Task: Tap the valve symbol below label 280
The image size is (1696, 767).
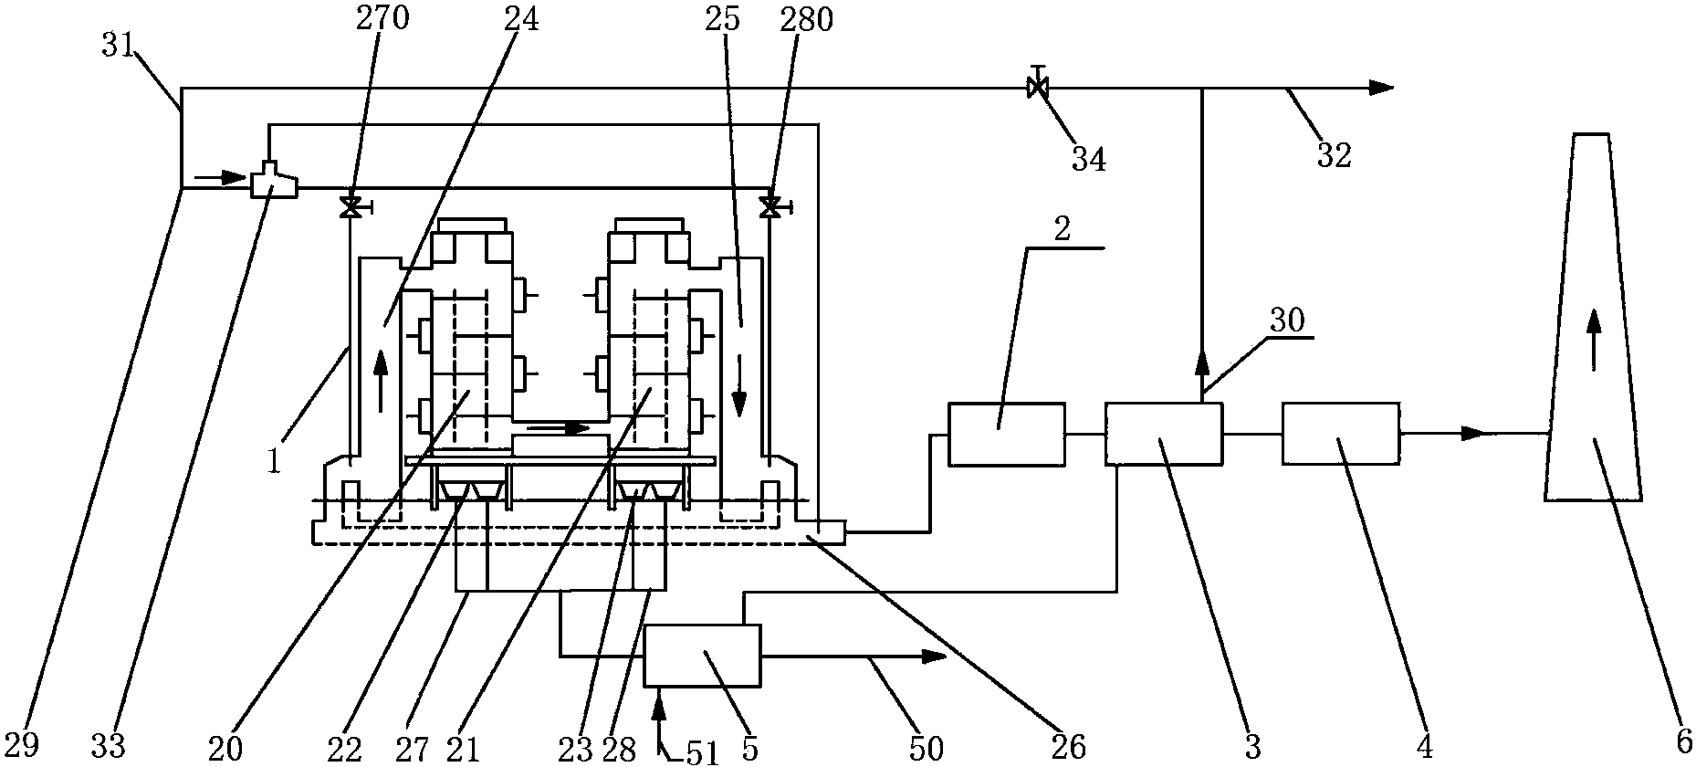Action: click(x=771, y=207)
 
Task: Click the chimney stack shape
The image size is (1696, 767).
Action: click(x=1593, y=317)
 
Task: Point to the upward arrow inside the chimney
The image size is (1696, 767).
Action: click(x=1594, y=339)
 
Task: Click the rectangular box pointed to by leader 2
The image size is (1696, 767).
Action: click(x=1007, y=434)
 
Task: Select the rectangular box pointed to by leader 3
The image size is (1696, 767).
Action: click(x=1163, y=434)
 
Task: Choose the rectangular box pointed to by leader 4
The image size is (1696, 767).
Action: click(x=1340, y=434)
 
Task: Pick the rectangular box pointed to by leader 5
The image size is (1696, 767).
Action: click(x=702, y=655)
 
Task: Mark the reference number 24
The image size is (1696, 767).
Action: click(x=519, y=18)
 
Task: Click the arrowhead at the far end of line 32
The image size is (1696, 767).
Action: click(x=1381, y=88)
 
